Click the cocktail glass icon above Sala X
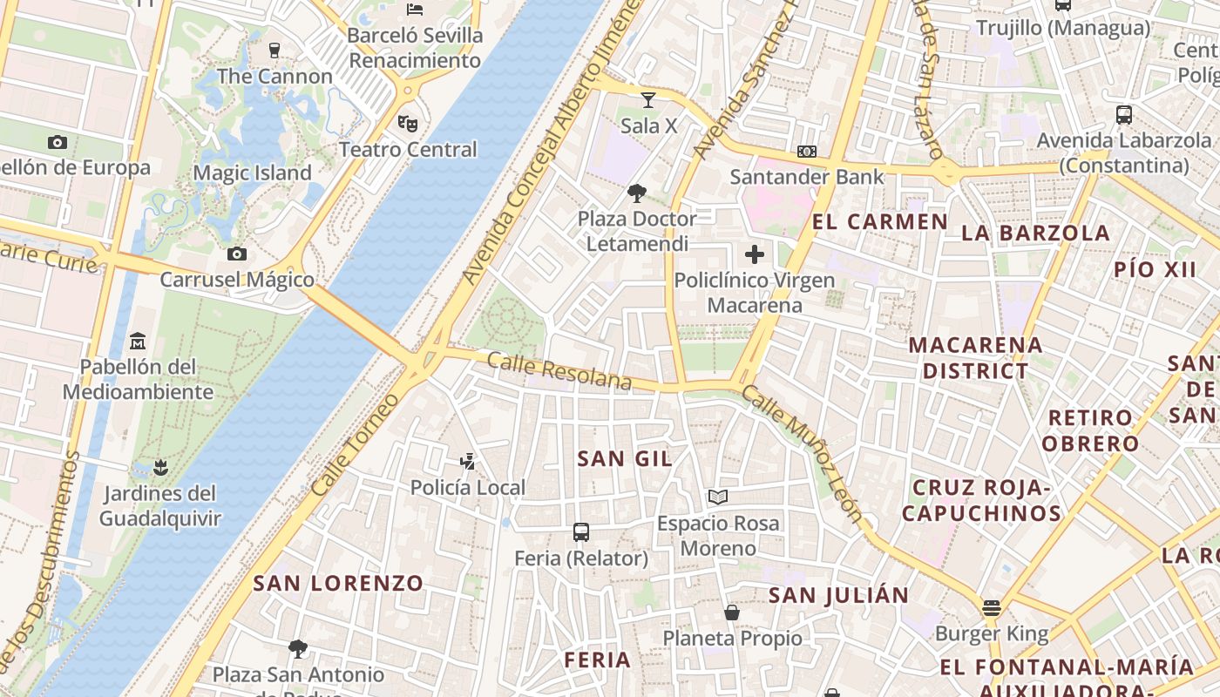pyautogui.click(x=647, y=99)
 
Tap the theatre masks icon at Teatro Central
pyautogui.click(x=407, y=123)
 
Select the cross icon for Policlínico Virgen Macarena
pyautogui.click(x=755, y=254)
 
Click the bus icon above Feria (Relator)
pyautogui.click(x=581, y=531)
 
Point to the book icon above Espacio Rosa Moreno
pyautogui.click(x=718, y=497)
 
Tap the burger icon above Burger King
pyautogui.click(x=991, y=607)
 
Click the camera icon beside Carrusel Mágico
pyautogui.click(x=236, y=254)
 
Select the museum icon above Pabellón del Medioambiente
pyautogui.click(x=138, y=340)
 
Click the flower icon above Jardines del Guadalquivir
pyautogui.click(x=159, y=468)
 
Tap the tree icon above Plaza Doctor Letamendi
pyautogui.click(x=637, y=193)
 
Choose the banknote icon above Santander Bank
pyautogui.click(x=807, y=151)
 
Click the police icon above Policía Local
pyautogui.click(x=468, y=461)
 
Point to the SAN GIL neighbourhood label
pyautogui.click(x=625, y=458)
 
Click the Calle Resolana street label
pyautogui.click(x=559, y=371)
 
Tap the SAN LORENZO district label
pyautogui.click(x=338, y=583)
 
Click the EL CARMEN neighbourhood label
pyautogui.click(x=879, y=221)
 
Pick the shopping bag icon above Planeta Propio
pyautogui.click(x=732, y=612)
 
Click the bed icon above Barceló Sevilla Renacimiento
pyautogui.click(x=415, y=10)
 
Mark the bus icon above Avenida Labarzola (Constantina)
pyautogui.click(x=1124, y=114)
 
